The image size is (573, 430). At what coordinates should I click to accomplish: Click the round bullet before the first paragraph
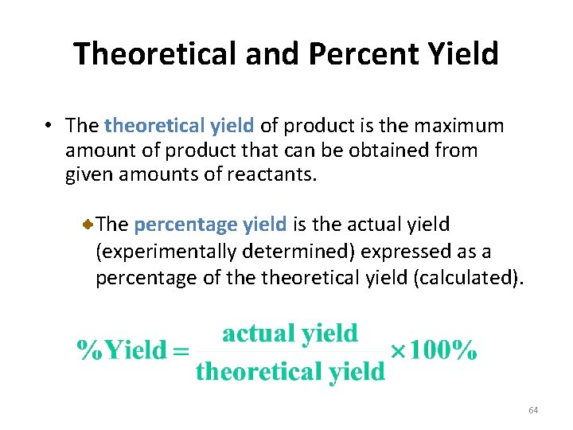[x=49, y=126]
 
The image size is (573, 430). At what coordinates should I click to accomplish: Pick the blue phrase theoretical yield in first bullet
[x=179, y=126]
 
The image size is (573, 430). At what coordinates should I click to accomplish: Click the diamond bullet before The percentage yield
[x=90, y=226]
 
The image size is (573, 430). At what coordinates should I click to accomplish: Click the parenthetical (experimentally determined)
[x=225, y=252]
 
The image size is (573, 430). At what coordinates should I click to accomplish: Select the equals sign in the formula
[x=182, y=350]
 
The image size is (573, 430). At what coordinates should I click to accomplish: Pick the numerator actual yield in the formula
[x=290, y=333]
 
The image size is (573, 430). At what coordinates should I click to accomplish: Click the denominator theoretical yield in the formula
[x=290, y=371]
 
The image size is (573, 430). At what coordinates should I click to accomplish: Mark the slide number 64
[x=533, y=410]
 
